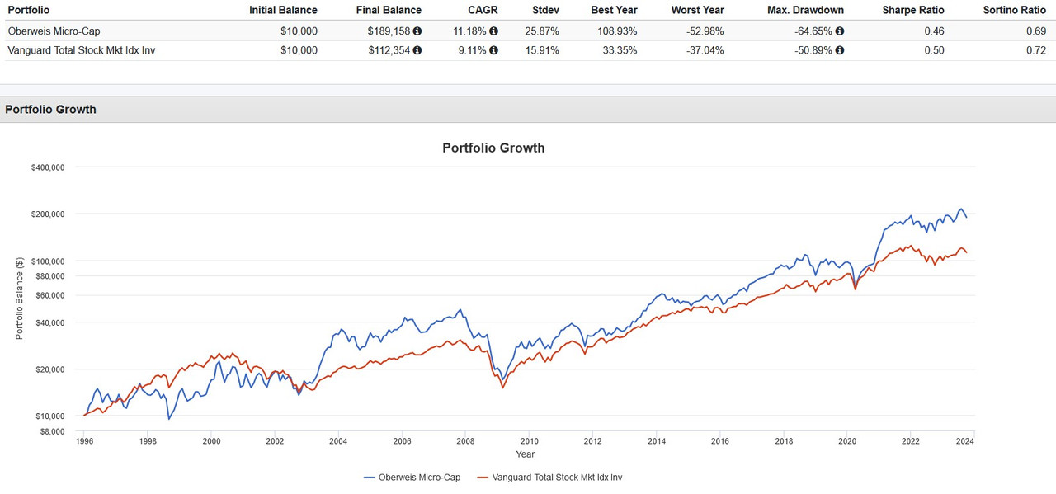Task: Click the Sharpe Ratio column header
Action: tap(912, 10)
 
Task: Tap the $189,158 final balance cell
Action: tap(389, 31)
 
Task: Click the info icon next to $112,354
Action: tap(417, 50)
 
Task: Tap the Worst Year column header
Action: tap(697, 10)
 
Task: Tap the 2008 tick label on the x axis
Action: tap(464, 441)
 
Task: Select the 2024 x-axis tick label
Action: tap(974, 441)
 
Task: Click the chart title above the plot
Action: tap(493, 148)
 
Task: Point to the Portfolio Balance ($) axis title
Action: tap(19, 298)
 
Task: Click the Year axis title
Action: tap(526, 454)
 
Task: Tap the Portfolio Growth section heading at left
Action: tap(50, 109)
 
